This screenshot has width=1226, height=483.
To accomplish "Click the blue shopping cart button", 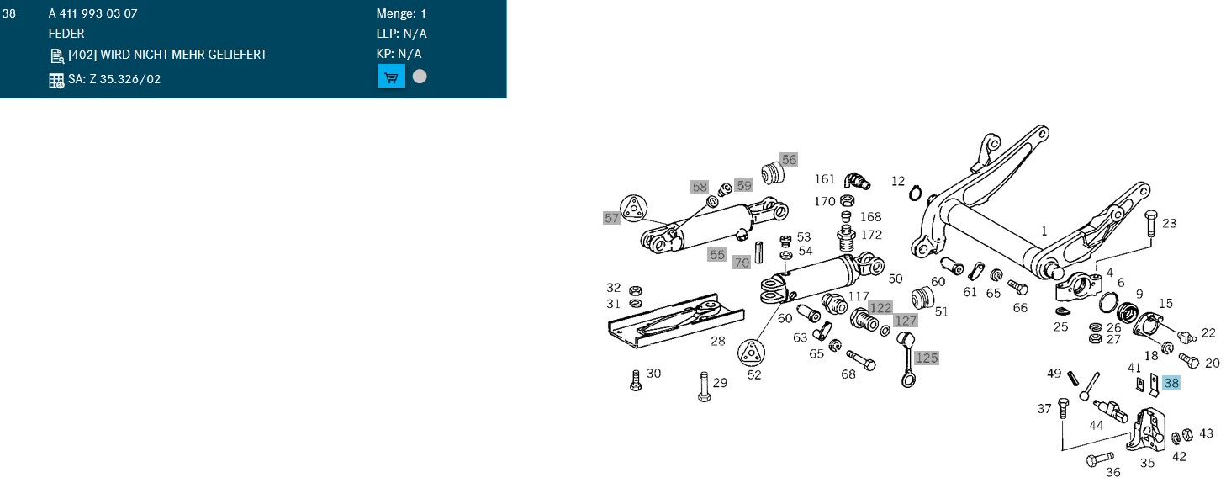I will pos(391,77).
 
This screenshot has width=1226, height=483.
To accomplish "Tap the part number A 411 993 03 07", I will pos(93,14).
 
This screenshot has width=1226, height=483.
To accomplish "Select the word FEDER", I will pos(66,34).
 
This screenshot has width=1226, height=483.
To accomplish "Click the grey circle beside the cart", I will pos(420,77).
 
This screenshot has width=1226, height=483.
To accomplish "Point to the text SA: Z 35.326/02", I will pos(114,80).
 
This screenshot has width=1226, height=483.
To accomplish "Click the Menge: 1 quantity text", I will pos(401,14).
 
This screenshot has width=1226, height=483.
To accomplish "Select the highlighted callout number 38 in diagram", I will pos(1171,383).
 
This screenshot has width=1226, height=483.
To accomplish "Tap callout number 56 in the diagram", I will pos(788,159).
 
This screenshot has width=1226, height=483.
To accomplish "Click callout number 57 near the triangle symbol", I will pos(611,218).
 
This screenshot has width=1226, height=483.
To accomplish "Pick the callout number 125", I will pos(926,358).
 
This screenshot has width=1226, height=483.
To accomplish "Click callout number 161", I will pos(825,179).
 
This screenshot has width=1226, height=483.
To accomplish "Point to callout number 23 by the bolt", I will pos(1169,223).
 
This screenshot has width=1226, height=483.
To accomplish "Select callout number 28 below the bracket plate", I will pos(717,341).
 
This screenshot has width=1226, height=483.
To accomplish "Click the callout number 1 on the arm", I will pos(1044,230).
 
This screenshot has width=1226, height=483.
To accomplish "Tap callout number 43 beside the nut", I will pos(1206,433).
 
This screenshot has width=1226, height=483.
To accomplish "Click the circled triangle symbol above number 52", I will pos(753,353).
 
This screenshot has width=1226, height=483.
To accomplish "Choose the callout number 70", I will pos(741,262).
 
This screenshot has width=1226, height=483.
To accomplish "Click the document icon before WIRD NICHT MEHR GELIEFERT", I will pos(57,56).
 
